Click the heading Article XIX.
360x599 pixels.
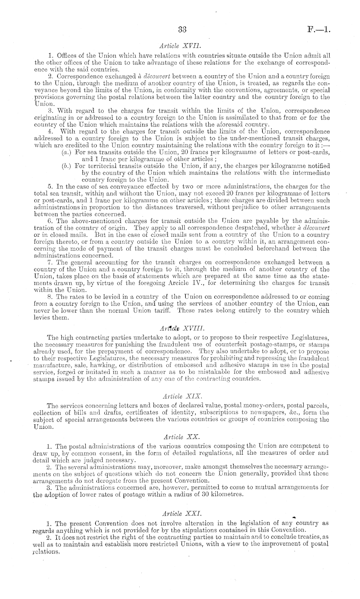coord(182,396)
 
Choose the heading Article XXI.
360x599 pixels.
coord(182,513)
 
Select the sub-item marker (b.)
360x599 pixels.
coord(67,166)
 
